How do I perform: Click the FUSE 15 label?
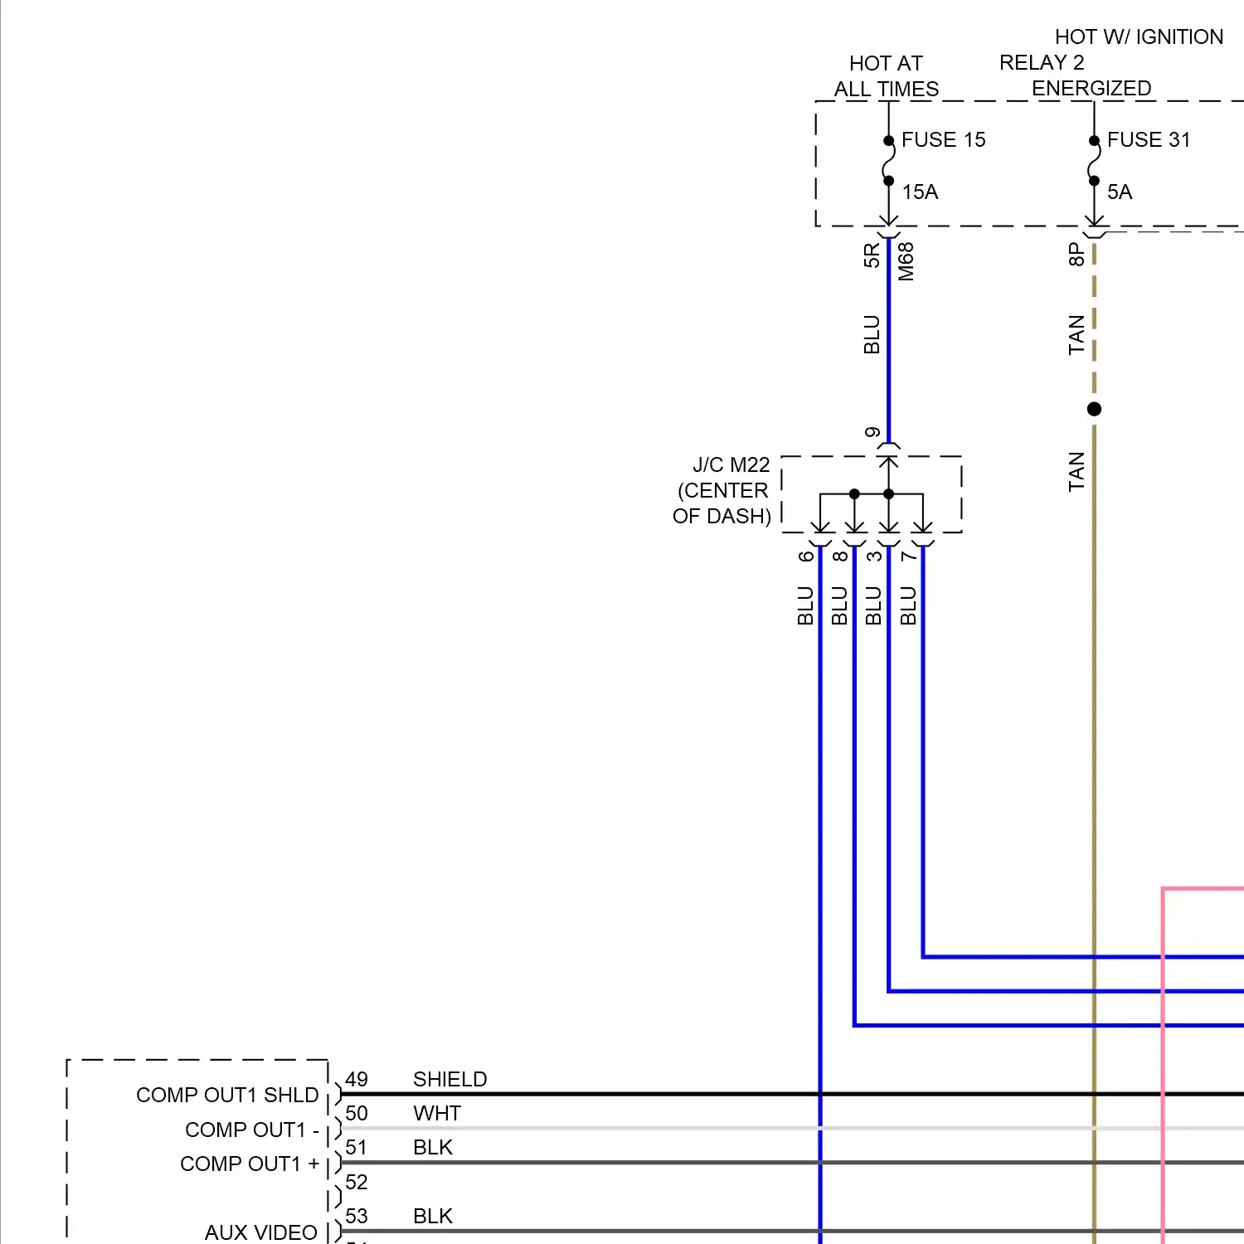[x=943, y=140]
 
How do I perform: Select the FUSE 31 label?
[x=1149, y=140]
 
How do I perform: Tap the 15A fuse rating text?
[x=920, y=192]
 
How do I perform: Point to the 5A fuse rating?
[x=1119, y=192]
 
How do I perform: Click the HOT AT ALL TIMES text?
[x=886, y=76]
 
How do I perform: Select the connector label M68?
[x=906, y=261]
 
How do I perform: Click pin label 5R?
[x=871, y=255]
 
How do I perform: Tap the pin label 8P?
[x=1076, y=254]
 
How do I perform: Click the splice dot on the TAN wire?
[x=1094, y=409]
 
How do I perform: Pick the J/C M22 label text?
[x=731, y=465]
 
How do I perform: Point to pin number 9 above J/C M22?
[x=872, y=433]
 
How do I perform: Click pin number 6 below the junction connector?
[x=805, y=556]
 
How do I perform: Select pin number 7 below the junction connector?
[x=908, y=556]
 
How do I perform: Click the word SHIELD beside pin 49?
[x=449, y=1079]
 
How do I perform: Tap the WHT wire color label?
[x=436, y=1114]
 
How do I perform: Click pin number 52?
[x=357, y=1182]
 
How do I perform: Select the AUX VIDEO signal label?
[x=260, y=1232]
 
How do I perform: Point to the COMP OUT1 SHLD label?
[x=227, y=1096]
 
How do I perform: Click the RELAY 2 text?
[x=1041, y=63]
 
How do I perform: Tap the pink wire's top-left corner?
[x=1164, y=889]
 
